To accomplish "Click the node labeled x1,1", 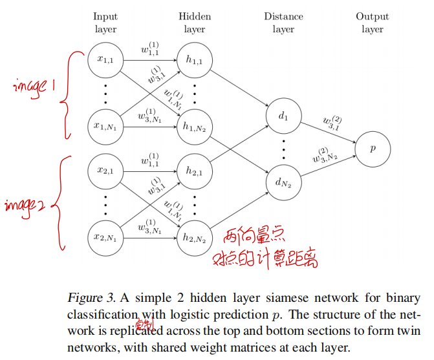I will [x=105, y=59].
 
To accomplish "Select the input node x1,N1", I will [x=105, y=127].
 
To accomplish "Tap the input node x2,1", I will [x=105, y=171].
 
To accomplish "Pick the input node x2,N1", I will [x=105, y=238].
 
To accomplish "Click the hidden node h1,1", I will [x=194, y=59].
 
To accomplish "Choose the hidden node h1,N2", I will [x=194, y=127].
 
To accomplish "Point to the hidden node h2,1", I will [x=194, y=171].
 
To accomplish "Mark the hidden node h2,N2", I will [x=194, y=238].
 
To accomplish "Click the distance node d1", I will [x=283, y=116].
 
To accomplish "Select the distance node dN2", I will [x=283, y=182].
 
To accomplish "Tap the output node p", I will [x=373, y=149].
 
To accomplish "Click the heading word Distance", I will [x=283, y=16].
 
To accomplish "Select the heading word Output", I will [x=373, y=16].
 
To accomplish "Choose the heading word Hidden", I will [x=194, y=16].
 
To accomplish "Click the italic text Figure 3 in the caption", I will [x=91, y=298].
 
